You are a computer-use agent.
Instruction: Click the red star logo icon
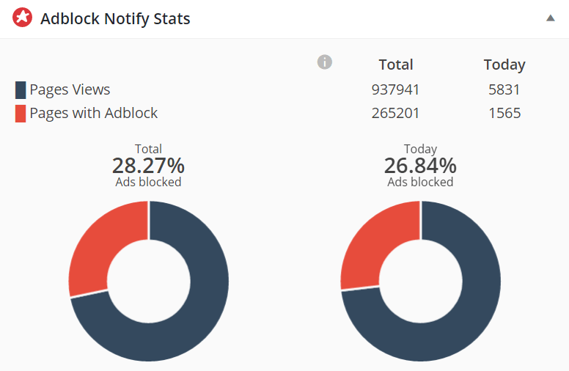click(x=23, y=18)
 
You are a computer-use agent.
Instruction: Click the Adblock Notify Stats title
click(x=115, y=19)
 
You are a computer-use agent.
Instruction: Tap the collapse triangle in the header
click(x=551, y=18)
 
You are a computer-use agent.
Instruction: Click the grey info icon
click(x=324, y=62)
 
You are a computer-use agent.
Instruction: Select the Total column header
click(x=396, y=65)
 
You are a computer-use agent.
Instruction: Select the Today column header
click(x=504, y=65)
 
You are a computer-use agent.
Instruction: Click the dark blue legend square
click(x=21, y=90)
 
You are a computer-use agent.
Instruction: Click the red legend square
click(x=21, y=114)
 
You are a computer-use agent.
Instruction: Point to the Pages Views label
click(x=70, y=90)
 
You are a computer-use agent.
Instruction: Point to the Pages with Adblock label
click(x=93, y=113)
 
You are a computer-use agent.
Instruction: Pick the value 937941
click(x=396, y=90)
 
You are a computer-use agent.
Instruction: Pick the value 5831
click(x=504, y=90)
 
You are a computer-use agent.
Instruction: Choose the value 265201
click(x=396, y=114)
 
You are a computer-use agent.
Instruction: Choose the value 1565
click(x=504, y=114)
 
